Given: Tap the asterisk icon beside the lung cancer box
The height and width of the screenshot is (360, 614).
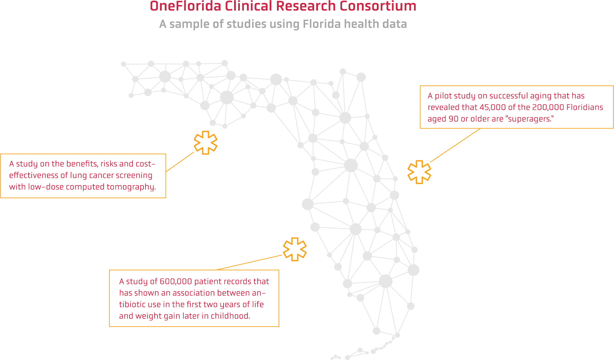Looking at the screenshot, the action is click(205, 142).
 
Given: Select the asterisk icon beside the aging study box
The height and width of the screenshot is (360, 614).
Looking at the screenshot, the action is click(419, 172).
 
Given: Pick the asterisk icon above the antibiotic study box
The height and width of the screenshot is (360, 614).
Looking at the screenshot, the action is click(295, 249).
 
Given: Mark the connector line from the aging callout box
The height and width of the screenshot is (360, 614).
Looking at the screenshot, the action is click(455, 145).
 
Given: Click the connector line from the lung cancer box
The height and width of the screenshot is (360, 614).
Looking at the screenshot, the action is click(180, 162).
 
